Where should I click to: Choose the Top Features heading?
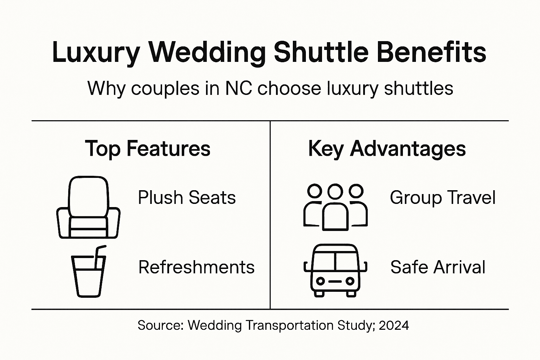[148, 149]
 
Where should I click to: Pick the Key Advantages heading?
[387, 149]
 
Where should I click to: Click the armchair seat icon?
[88, 207]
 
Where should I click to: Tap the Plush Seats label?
[187, 198]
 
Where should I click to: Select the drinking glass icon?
[88, 274]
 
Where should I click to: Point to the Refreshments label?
[197, 267]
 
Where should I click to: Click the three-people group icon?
[335, 207]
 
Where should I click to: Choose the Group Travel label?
[443, 198]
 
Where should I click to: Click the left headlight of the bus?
[320, 281]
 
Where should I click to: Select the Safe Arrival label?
[438, 267]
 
